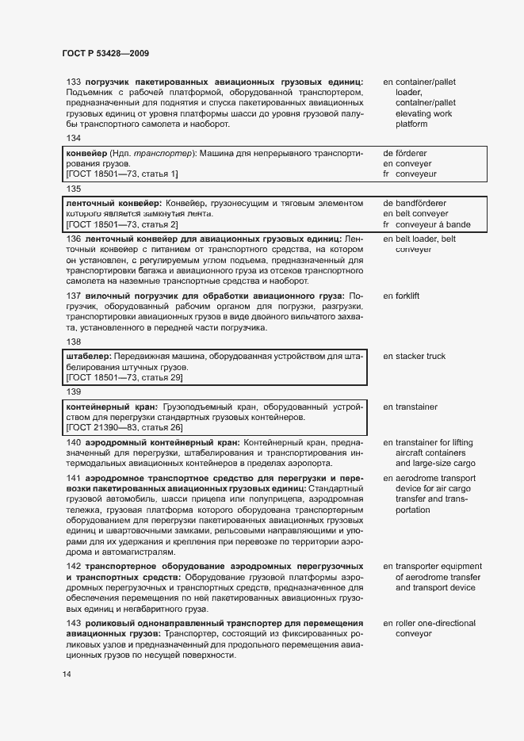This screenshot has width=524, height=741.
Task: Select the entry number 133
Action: (74, 82)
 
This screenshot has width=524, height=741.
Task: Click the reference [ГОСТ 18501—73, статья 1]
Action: (122, 173)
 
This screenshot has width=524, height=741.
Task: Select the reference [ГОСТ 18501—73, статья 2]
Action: (122, 225)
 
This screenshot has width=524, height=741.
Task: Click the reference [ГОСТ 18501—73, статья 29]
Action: (124, 377)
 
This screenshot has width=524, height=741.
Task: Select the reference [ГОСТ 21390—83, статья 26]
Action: (124, 428)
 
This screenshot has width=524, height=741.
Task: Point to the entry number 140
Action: (74, 442)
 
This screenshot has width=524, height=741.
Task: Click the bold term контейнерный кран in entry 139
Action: (113, 407)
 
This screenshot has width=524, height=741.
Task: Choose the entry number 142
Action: (74, 567)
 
